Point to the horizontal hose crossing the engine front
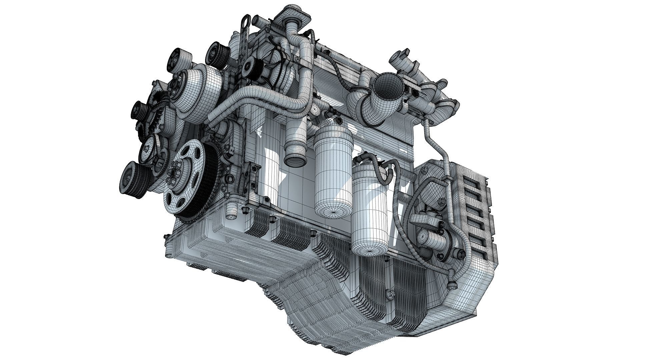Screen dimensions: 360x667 coord(253,99)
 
